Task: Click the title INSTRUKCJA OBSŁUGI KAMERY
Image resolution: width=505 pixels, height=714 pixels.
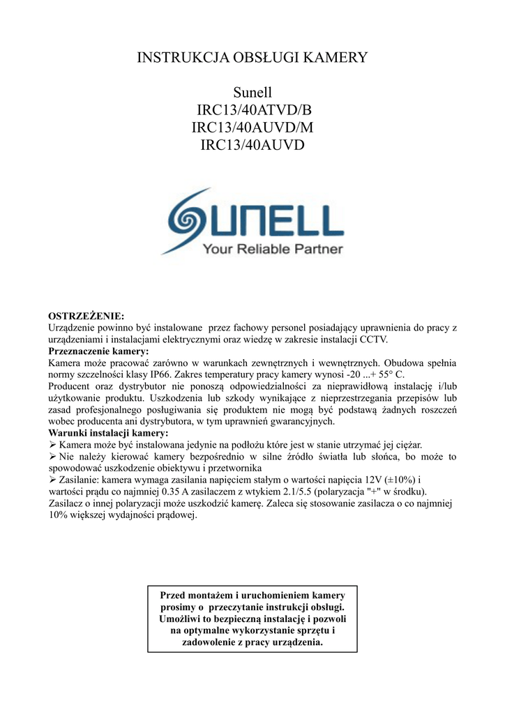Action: click(x=252, y=57)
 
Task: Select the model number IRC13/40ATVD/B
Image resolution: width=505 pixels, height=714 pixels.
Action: click(x=252, y=110)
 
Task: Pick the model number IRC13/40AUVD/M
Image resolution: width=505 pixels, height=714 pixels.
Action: click(x=252, y=128)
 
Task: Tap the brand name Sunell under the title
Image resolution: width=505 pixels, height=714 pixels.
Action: click(x=252, y=92)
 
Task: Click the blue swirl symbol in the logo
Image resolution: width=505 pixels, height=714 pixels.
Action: click(x=190, y=218)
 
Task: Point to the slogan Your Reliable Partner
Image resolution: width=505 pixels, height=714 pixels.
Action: click(x=273, y=249)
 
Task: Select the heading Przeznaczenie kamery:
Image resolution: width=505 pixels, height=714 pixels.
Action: click(x=98, y=351)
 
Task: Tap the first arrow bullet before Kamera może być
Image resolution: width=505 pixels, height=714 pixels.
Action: click(x=52, y=445)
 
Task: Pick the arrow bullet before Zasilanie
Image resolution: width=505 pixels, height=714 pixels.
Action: click(x=52, y=480)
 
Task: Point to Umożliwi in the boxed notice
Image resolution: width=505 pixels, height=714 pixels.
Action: click(x=180, y=618)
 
